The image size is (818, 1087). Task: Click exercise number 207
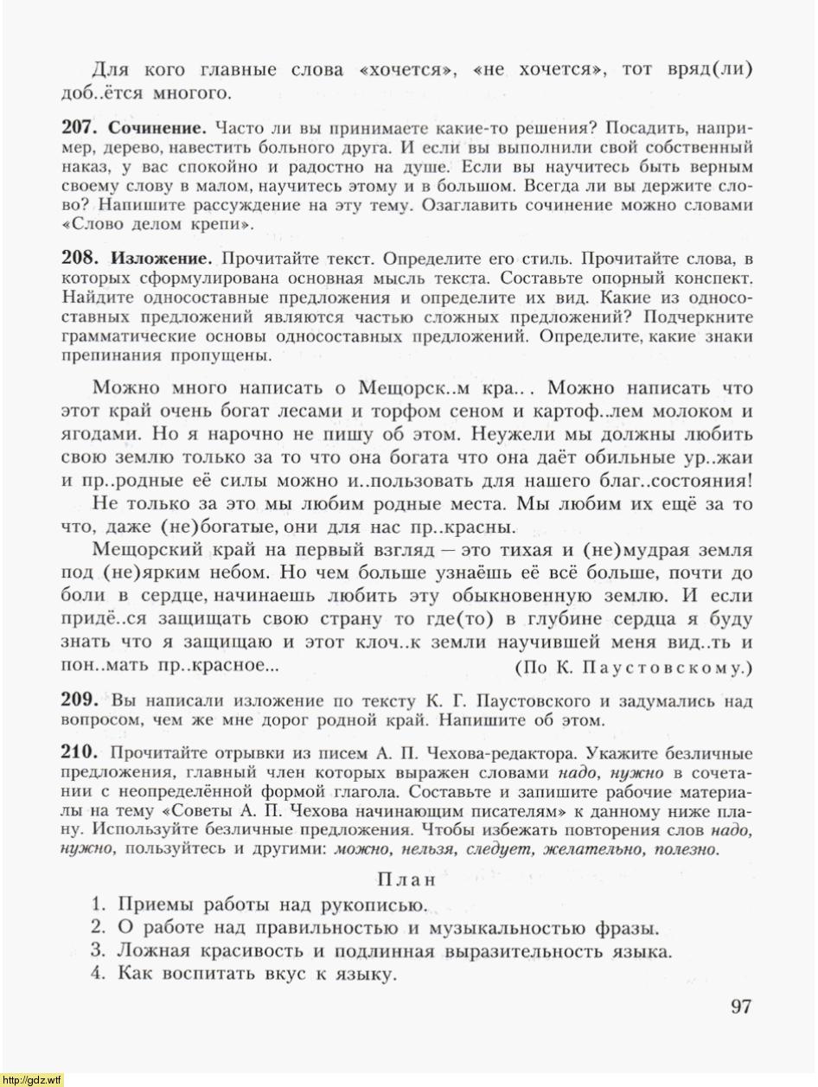pos(80,127)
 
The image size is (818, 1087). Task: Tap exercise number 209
pos(80,700)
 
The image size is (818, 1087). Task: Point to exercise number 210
pos(80,753)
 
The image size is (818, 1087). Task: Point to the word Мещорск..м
pos(418,387)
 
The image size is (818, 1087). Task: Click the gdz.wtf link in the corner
pos(32,1080)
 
